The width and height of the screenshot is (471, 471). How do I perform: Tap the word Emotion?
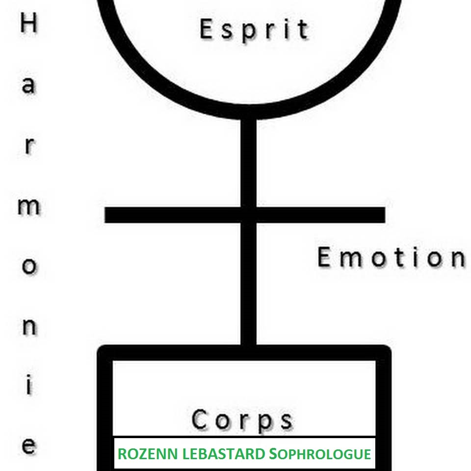(391, 258)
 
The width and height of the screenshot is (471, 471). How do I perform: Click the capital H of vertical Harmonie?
(29, 24)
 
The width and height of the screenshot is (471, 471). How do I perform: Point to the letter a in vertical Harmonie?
(29, 84)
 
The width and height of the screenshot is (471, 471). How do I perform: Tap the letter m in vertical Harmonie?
(29, 207)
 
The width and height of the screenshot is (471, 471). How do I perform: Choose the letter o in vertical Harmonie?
(29, 266)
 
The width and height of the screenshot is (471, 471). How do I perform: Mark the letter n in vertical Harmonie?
(29, 326)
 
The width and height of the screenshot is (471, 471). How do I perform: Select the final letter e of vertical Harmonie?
(29, 446)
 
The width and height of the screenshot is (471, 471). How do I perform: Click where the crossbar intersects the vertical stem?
(249, 215)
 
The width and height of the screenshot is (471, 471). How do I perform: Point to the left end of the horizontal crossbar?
(107, 215)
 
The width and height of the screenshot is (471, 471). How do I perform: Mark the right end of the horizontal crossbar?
(383, 215)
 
